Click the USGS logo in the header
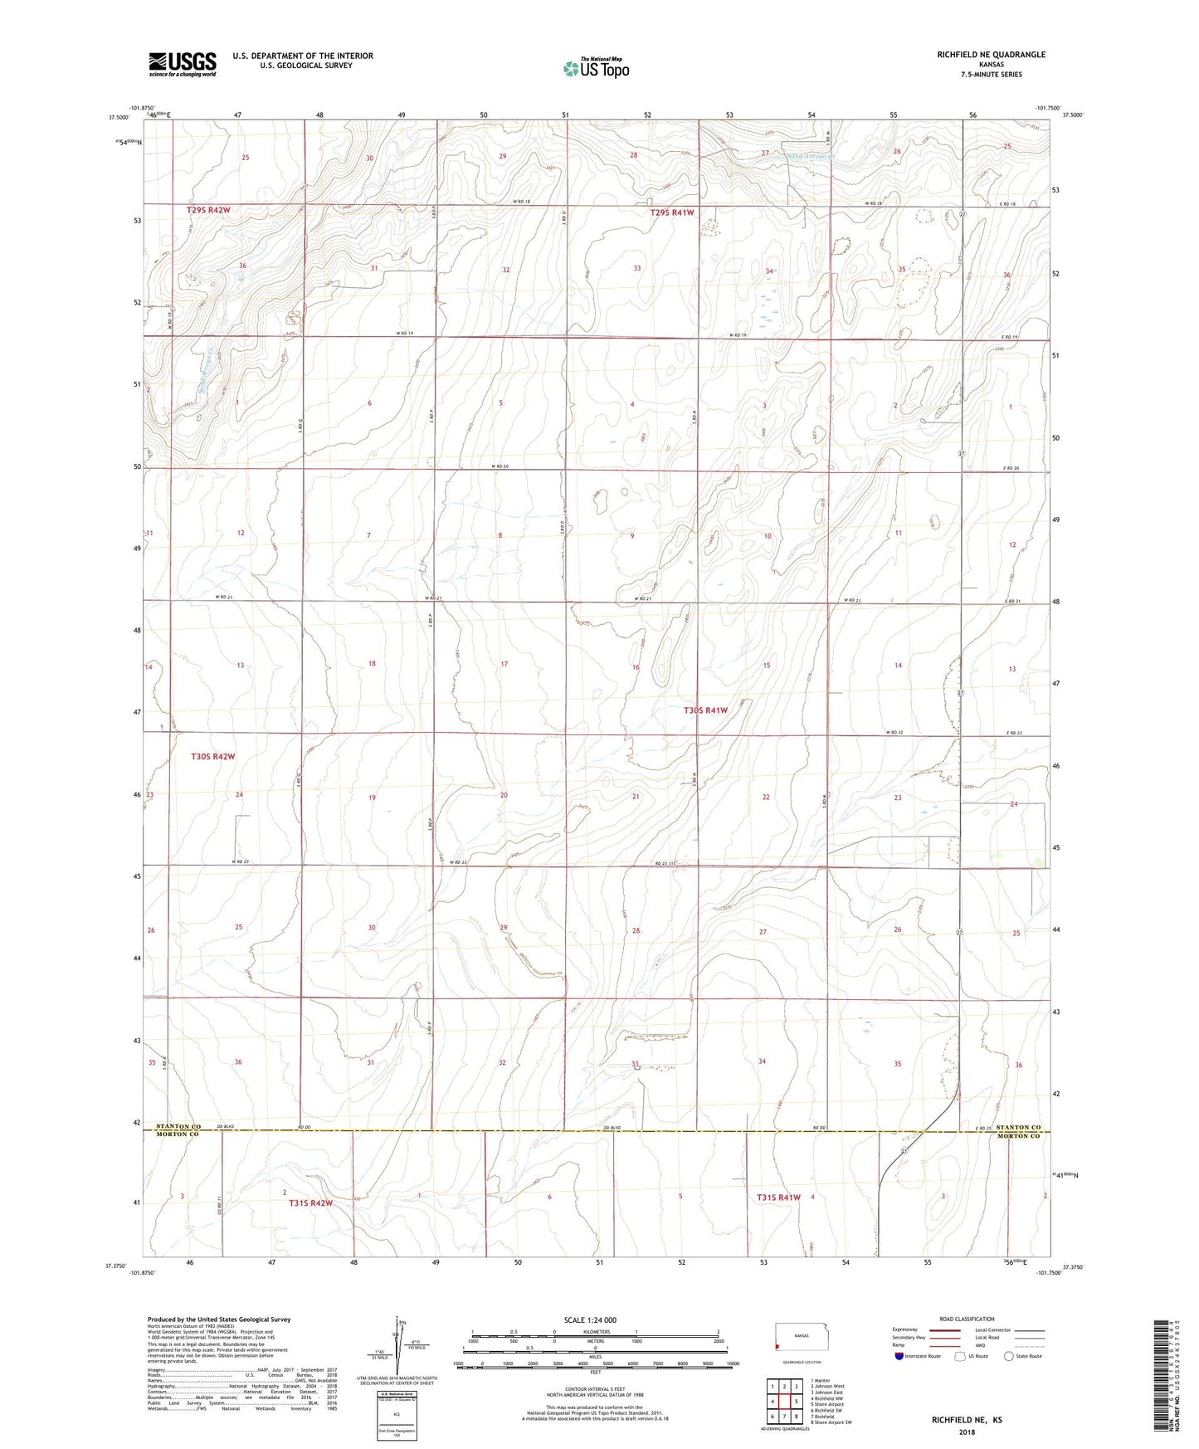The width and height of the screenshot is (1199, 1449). [x=182, y=64]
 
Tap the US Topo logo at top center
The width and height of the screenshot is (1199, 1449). [x=595, y=68]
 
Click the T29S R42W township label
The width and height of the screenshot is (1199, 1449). [x=207, y=211]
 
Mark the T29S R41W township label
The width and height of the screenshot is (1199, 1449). [x=672, y=212]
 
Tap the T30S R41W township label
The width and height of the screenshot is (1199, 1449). [x=705, y=710]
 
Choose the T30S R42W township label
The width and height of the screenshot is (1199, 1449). [x=213, y=757]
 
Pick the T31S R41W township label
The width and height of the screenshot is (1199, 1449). [x=778, y=1198]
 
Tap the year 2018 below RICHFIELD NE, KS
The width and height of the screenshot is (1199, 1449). [x=967, y=1432]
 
